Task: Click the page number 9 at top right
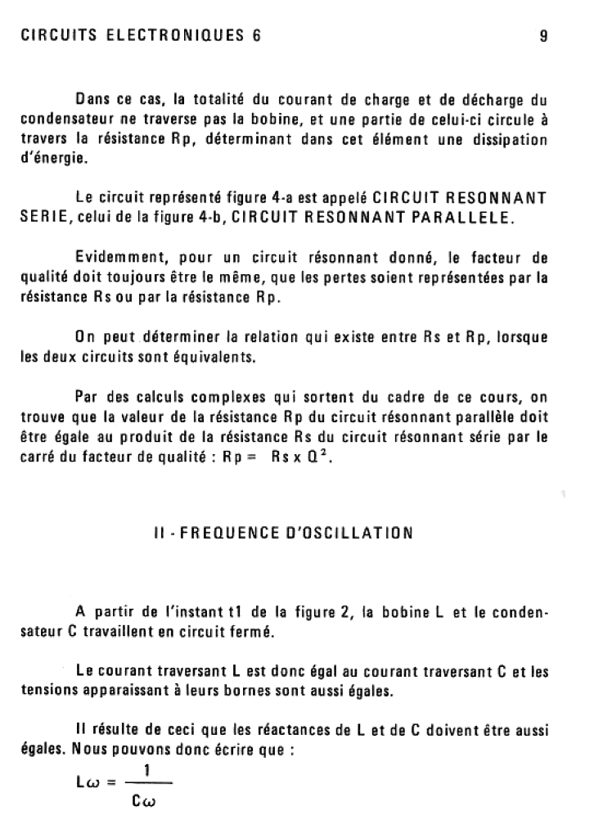tap(543, 36)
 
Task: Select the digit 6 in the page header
tap(256, 36)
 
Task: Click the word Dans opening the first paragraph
tap(92, 101)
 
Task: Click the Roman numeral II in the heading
tap(158, 533)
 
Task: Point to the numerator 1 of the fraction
tap(146, 770)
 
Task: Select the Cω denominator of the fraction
tap(145, 802)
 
